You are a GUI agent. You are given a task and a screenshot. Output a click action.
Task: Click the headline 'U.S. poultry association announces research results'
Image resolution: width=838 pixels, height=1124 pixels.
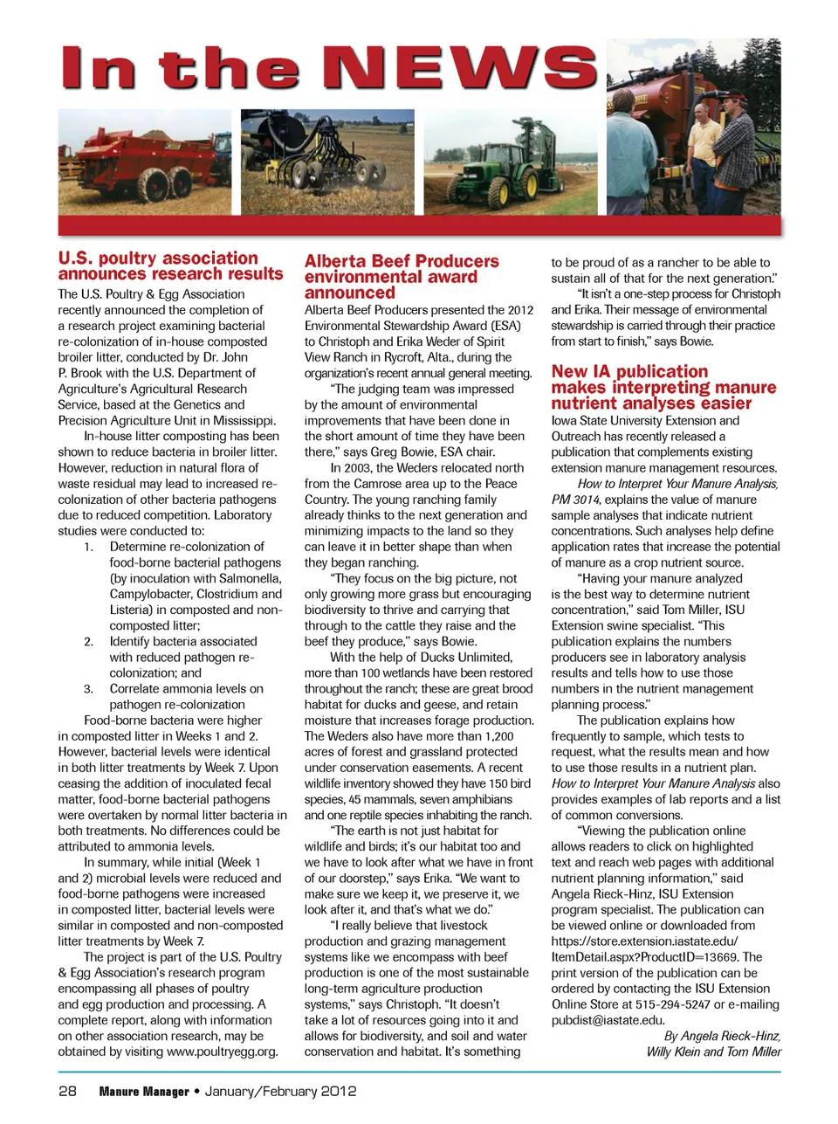170,265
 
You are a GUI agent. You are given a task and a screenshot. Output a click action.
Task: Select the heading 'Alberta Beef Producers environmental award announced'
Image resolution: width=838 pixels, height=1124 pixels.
401,276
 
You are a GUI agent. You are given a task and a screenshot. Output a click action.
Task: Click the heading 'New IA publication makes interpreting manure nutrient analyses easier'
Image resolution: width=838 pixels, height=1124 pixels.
663,387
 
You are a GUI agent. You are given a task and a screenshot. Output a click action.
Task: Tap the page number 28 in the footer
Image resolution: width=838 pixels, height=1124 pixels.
67,1091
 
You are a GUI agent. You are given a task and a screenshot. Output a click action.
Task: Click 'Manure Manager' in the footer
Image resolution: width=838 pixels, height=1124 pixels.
144,1092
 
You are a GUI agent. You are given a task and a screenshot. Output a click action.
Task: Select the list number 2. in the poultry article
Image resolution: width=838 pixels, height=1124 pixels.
89,641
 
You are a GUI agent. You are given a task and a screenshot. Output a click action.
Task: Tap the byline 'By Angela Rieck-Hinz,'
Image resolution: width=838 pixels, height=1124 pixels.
722,1036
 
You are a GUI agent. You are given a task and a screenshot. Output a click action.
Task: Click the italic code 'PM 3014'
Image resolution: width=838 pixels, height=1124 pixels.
574,500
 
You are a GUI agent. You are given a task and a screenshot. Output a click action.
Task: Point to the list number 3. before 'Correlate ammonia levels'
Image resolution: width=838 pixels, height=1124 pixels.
89,688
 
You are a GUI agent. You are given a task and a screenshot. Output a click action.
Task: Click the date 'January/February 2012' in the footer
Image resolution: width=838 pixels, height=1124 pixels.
280,1091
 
